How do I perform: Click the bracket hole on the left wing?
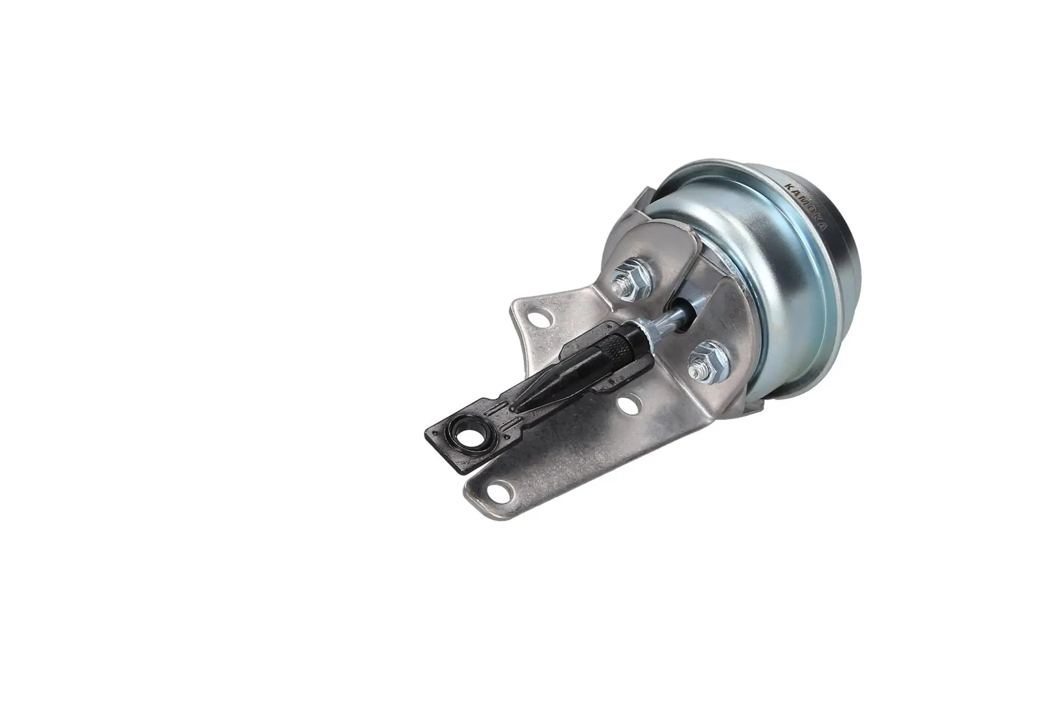tap(540, 320)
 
